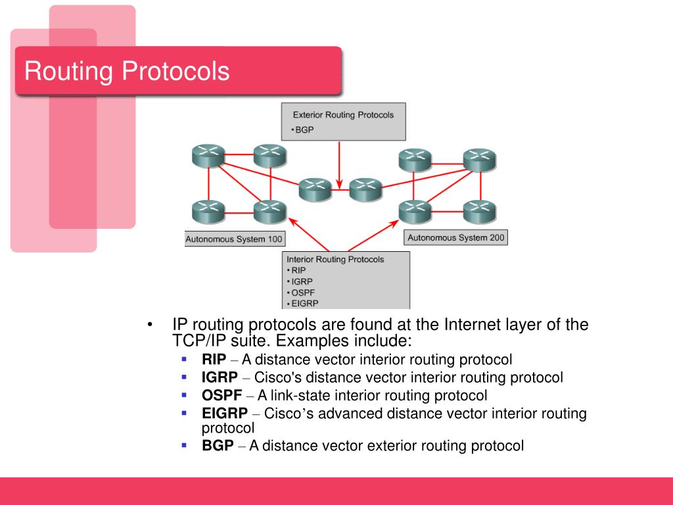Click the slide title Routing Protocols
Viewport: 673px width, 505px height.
pos(127,71)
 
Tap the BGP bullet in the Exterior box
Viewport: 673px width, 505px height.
pos(304,130)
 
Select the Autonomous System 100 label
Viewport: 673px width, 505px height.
pos(235,239)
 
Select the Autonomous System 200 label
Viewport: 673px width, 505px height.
pos(456,237)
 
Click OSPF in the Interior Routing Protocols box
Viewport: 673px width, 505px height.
pos(302,292)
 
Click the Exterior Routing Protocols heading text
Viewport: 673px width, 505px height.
pos(343,115)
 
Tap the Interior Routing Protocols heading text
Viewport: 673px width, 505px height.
pos(335,259)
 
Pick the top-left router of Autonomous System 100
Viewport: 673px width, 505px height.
pos(208,156)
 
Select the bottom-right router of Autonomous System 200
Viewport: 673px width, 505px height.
pos(479,211)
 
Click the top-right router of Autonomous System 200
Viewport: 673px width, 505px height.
pos(479,159)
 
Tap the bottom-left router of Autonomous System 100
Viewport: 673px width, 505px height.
pos(208,211)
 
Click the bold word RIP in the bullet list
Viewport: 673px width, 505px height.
pos(214,360)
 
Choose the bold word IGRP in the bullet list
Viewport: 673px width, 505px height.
pos(220,377)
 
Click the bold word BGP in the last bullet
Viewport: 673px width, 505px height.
pos(218,446)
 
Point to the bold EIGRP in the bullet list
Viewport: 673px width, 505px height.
pos(225,414)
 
